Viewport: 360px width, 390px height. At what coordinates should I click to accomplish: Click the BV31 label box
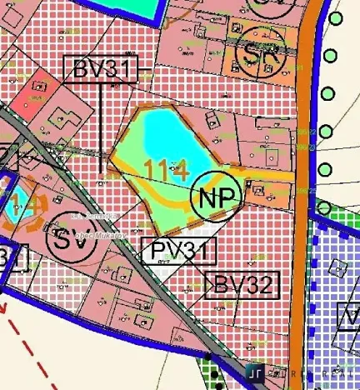98,70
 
